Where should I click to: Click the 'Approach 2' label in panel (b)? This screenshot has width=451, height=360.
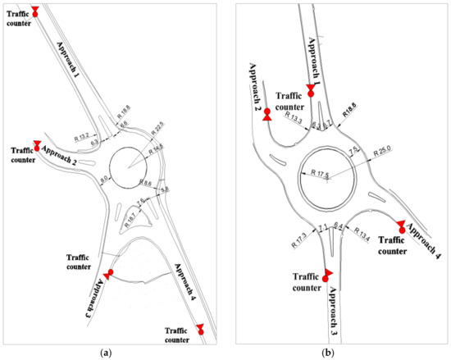pos(257,83)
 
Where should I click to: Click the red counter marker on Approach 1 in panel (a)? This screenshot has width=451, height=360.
pos(34,11)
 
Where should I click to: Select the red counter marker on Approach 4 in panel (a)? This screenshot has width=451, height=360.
pos(198,329)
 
